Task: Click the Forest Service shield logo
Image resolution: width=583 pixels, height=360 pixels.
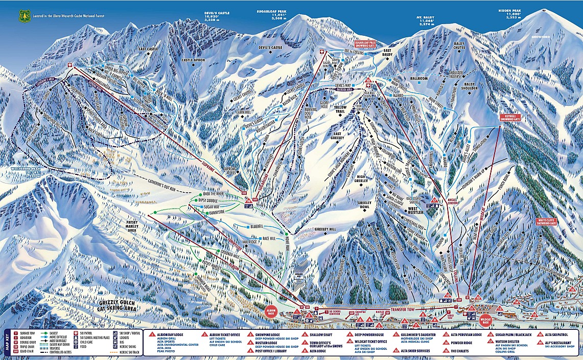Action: tap(22, 16)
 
